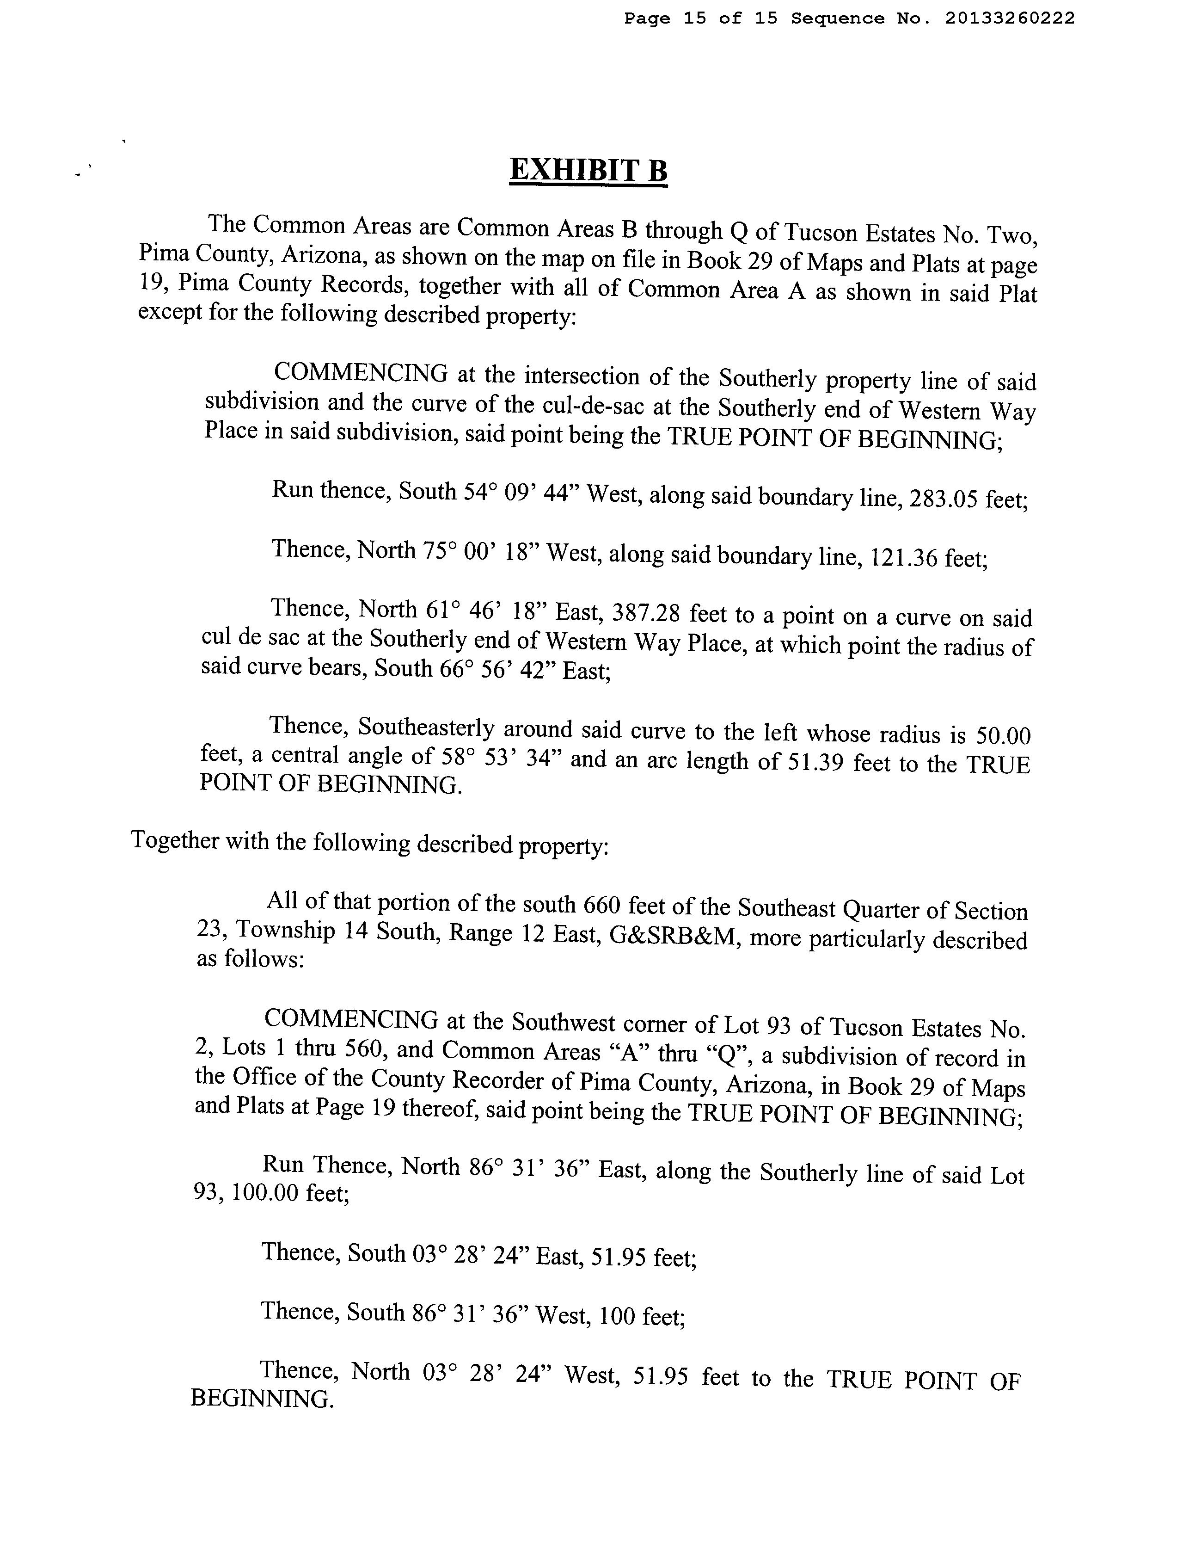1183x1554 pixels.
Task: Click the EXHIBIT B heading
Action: [588, 171]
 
